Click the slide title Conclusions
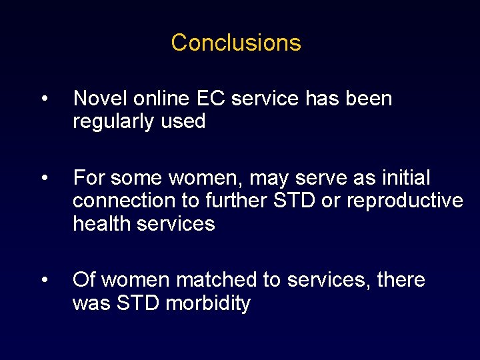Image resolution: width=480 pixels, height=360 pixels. [x=236, y=43]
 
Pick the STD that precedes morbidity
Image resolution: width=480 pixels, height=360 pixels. [x=137, y=303]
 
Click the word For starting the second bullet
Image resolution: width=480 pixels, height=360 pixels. [x=89, y=179]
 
